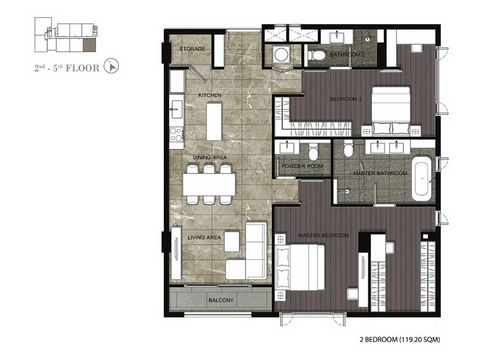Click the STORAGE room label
tap(192, 49)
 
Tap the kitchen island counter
tap(214, 121)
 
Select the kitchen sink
tap(177, 109)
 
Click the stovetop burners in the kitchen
tap(177, 134)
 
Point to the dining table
tap(209, 185)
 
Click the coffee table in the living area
tap(232, 241)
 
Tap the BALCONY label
tap(221, 300)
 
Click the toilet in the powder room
tap(314, 153)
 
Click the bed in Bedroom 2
tap(391, 111)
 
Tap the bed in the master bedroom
tap(300, 268)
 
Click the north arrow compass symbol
tap(111, 66)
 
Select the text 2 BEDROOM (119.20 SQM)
tap(400, 339)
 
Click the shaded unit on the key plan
tap(89, 46)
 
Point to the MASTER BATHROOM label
tap(380, 174)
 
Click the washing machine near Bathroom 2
tap(280, 55)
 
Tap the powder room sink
tap(286, 147)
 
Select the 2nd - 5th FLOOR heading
tap(67, 68)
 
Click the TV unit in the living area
tap(176, 253)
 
